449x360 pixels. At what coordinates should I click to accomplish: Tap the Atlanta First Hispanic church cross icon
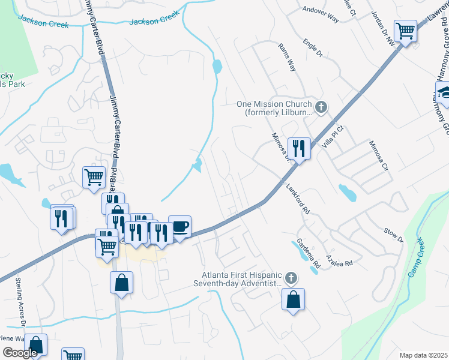[x=291, y=278]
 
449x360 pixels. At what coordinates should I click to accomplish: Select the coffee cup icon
[x=179, y=227]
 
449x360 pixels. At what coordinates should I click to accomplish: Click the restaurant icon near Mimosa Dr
[x=298, y=148]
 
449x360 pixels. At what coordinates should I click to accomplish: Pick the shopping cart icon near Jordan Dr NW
[x=406, y=30]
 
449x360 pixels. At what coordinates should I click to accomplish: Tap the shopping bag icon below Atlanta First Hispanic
[x=293, y=299]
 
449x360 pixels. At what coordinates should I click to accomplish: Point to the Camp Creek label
[x=416, y=258]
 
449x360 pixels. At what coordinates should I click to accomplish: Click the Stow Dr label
[x=393, y=235]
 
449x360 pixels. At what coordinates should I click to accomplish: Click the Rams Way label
[x=287, y=58]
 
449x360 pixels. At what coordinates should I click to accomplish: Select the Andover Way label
[x=321, y=14]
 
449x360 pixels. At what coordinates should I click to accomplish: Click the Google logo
[x=20, y=353]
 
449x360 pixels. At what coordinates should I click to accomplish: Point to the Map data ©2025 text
[x=423, y=355]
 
